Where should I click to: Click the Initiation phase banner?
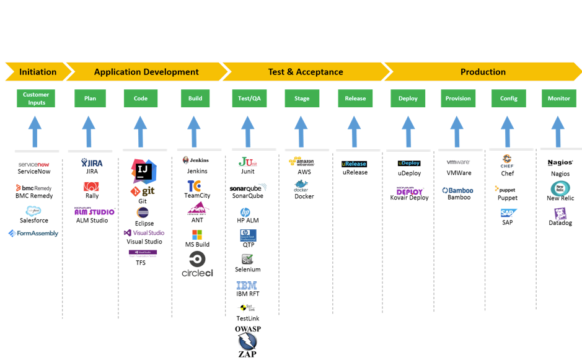37,72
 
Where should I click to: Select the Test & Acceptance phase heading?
305,72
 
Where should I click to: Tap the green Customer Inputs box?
36,99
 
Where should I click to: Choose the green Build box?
195,99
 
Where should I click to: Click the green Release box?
355,99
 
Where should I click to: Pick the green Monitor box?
559,99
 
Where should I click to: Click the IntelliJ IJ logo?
143,170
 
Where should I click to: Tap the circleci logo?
197,264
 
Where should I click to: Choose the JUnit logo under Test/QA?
247,161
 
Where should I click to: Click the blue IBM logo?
246,285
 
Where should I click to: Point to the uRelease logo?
354,164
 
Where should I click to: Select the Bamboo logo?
457,190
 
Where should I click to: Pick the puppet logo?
505,190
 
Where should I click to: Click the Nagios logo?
560,163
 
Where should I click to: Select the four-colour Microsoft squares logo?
196,235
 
